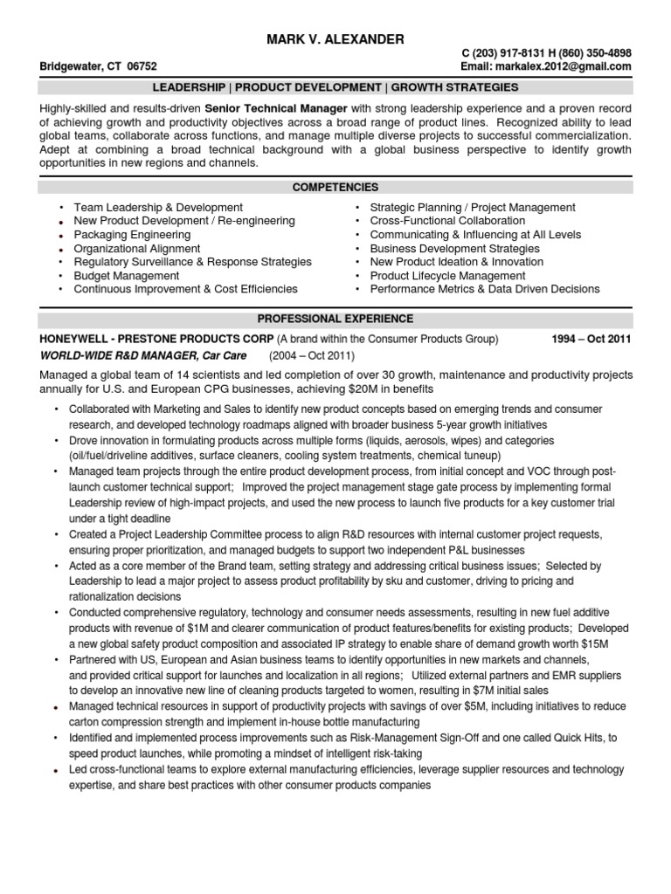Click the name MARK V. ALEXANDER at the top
pos(335,39)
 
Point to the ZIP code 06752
pos(142,66)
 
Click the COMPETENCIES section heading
pos(335,187)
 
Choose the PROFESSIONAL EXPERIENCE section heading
pos(335,319)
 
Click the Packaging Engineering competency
pos(132,235)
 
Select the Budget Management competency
pos(127,275)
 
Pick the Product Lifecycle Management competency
pos(448,275)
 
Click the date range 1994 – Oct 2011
pos(591,339)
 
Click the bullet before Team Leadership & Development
pos(61,208)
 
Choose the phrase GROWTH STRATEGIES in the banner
pos(454,87)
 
